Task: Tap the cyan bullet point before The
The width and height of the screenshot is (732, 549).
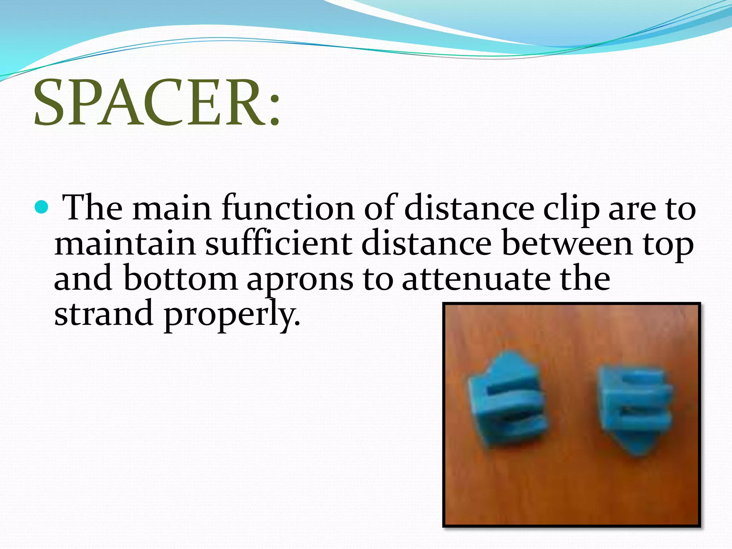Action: point(42,207)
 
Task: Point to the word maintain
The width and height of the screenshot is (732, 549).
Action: point(125,244)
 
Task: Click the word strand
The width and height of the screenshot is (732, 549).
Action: point(104,313)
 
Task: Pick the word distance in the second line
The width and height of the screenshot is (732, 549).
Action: point(426,244)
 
